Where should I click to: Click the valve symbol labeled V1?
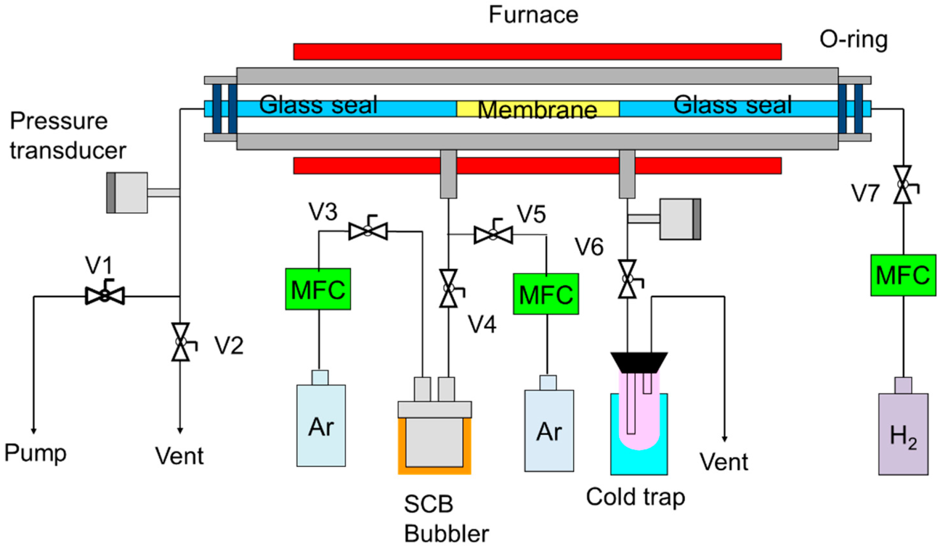(x=105, y=296)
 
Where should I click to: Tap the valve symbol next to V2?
(x=181, y=342)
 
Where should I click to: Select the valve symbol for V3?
(x=368, y=230)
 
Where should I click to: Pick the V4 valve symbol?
(x=448, y=288)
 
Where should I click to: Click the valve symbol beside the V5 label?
(x=493, y=235)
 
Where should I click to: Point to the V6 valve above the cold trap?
(x=627, y=279)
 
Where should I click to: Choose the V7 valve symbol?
(x=903, y=185)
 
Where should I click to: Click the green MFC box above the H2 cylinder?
(x=903, y=275)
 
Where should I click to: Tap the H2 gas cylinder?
(x=903, y=433)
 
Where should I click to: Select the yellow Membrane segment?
(x=537, y=109)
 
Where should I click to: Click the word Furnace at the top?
(x=533, y=15)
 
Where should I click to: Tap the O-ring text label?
(x=853, y=40)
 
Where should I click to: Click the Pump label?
(x=35, y=453)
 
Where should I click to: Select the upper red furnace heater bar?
(x=537, y=52)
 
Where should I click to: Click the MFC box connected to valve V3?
(x=318, y=289)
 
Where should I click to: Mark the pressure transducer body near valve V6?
(x=680, y=219)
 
